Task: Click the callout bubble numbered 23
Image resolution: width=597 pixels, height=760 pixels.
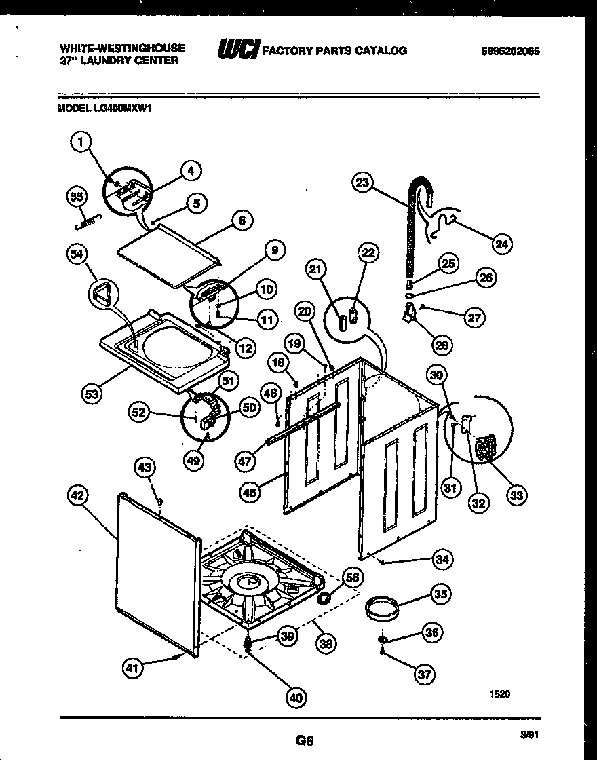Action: [364, 181]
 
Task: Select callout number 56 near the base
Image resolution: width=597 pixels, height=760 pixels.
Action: [351, 577]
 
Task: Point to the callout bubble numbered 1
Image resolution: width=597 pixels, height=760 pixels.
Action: [81, 142]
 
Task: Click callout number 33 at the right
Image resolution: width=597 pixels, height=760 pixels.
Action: [517, 496]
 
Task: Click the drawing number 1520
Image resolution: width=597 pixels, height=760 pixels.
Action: [499, 693]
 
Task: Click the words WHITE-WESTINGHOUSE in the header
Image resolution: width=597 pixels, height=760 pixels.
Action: [123, 47]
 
